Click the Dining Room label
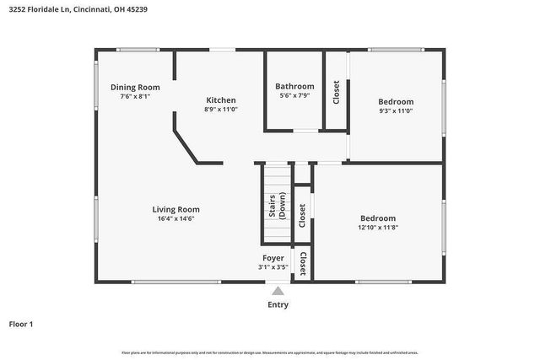(135, 87)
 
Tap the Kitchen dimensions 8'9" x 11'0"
(221, 110)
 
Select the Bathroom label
(294, 86)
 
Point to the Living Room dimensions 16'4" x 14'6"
(175, 219)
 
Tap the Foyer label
(273, 258)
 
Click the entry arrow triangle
(278, 291)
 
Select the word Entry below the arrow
(278, 305)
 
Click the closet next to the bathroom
(336, 91)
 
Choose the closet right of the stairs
(302, 216)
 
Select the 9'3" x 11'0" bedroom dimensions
(396, 110)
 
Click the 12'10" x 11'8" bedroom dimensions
(377, 228)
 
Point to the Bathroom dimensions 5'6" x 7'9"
(294, 95)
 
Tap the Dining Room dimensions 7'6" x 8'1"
(135, 96)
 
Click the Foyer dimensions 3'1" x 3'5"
(273, 267)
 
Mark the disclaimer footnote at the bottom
(270, 352)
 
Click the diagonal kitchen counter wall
(185, 144)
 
